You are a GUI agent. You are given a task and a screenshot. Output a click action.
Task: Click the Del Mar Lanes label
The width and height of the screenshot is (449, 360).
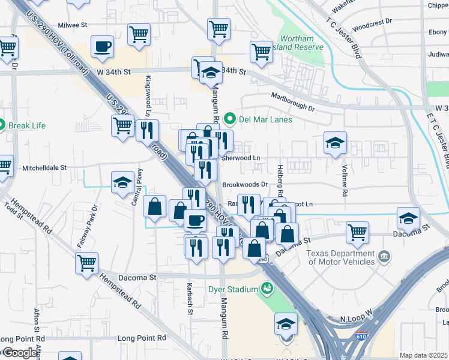click(x=265, y=119)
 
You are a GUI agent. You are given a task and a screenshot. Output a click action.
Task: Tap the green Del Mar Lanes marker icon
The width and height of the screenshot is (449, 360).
click(x=229, y=119)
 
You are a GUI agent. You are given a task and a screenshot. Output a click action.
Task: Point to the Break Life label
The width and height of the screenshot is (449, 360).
click(x=26, y=125)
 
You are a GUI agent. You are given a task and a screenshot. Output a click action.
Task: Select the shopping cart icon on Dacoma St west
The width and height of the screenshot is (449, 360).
click(x=86, y=262)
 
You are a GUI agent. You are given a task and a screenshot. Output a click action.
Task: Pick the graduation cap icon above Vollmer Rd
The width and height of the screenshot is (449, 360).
click(x=335, y=143)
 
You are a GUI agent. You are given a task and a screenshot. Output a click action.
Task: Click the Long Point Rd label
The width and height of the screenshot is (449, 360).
click(x=141, y=338)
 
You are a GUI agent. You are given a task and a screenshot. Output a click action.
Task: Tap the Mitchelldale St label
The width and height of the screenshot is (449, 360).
click(x=44, y=168)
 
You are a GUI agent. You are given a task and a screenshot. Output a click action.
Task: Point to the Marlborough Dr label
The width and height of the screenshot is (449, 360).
click(x=292, y=101)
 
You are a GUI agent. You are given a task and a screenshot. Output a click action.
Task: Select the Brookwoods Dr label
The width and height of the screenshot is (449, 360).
click(x=245, y=185)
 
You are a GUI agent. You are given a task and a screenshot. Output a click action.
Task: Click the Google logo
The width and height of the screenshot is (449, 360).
click(x=20, y=353)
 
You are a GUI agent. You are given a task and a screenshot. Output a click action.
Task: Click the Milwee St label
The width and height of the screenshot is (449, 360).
click(x=72, y=26)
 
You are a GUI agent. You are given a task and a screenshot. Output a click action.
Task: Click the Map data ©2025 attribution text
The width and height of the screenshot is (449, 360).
click(x=423, y=355)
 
